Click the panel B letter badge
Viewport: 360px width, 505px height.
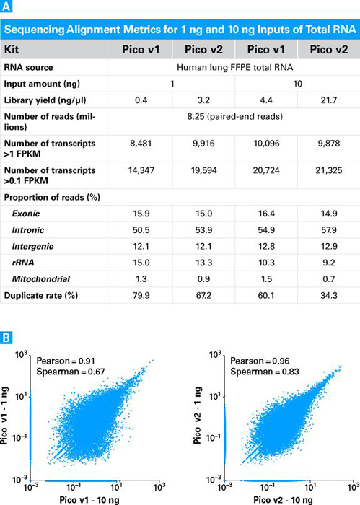point(6,336)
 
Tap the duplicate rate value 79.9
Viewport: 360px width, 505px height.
point(142,296)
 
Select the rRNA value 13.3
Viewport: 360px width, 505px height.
point(203,262)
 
